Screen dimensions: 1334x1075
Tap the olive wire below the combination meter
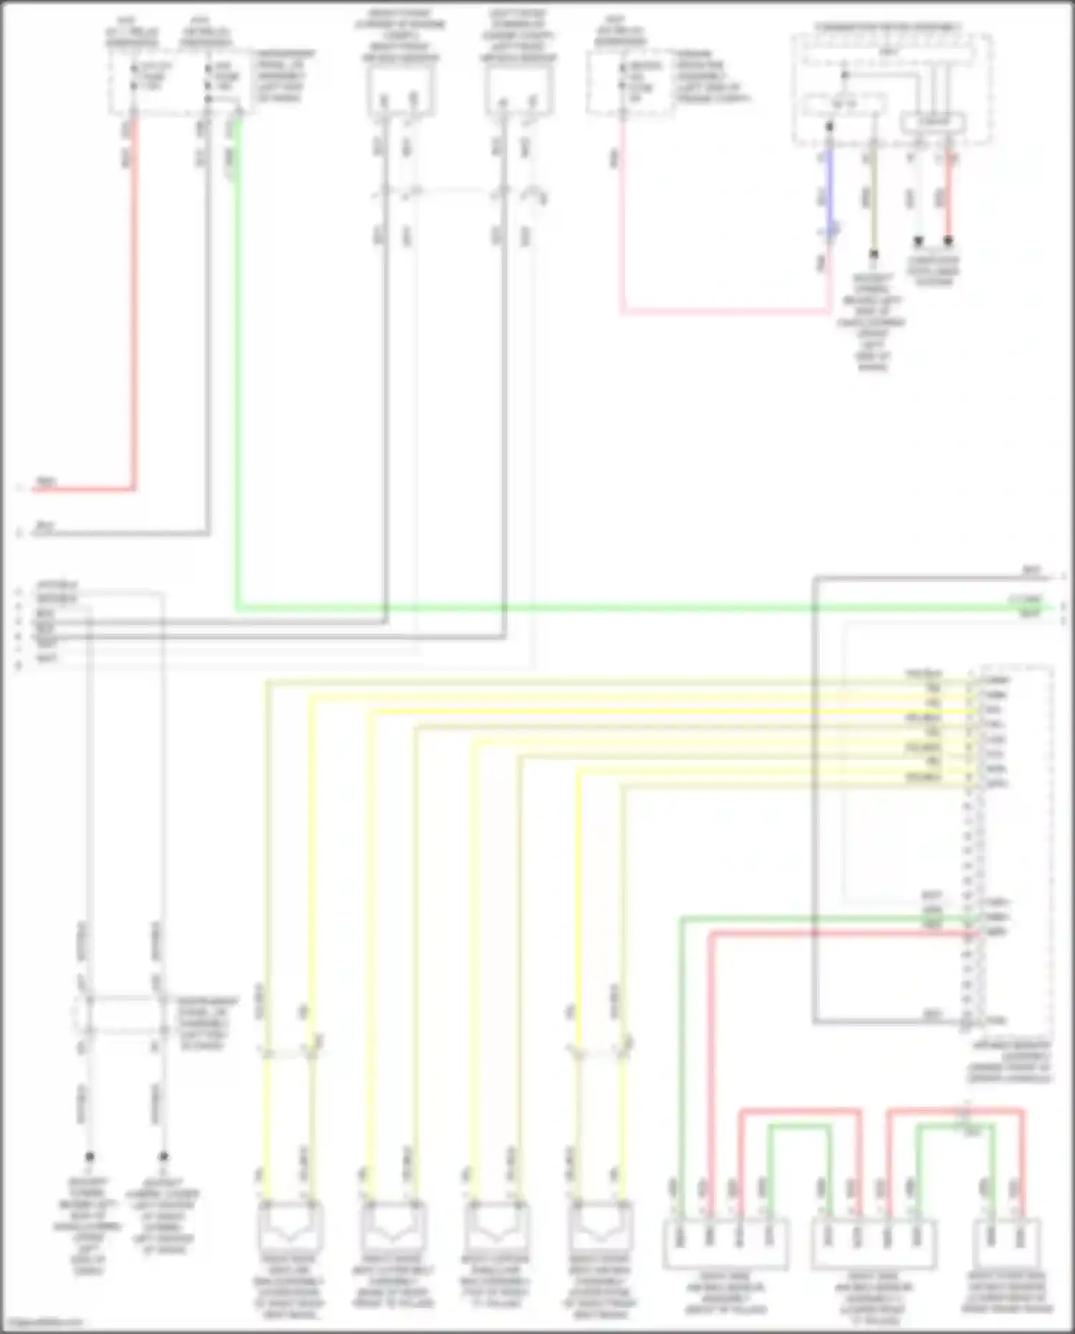pyautogui.click(x=873, y=201)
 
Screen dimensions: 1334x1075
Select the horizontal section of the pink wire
pyautogui.click(x=724, y=312)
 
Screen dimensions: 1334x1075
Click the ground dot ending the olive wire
pyautogui.click(x=874, y=253)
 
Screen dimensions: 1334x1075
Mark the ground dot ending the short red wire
pyautogui.click(x=948, y=241)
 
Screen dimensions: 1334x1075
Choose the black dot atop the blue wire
pyautogui.click(x=829, y=126)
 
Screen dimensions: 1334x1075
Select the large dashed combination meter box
pyautogui.click(x=892, y=90)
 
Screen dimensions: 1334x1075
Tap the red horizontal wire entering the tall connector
pyautogui.click(x=838, y=933)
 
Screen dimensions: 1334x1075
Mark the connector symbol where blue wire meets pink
pyautogui.click(x=831, y=231)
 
